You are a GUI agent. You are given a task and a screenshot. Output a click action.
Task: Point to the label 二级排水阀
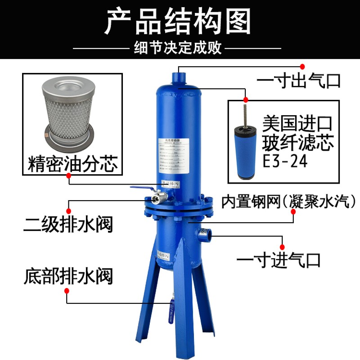(67, 223)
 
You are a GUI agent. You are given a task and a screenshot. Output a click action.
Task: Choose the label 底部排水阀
(67, 275)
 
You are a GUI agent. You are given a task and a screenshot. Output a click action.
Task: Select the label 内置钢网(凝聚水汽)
(288, 200)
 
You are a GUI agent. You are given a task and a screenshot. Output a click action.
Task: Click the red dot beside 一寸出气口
(303, 67)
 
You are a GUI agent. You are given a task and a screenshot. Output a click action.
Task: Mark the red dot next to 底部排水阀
(67, 291)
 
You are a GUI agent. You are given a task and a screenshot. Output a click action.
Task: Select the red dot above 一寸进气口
(283, 246)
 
